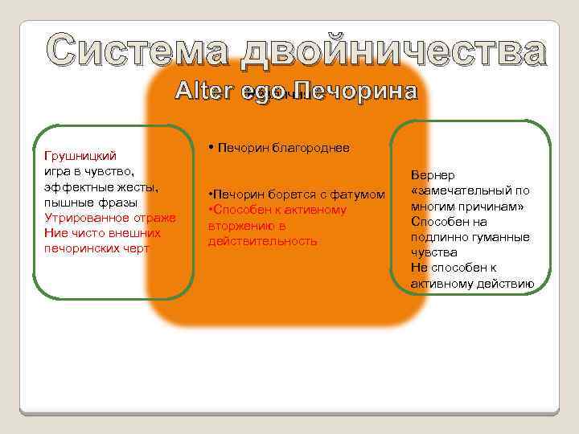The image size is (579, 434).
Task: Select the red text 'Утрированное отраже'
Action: pyautogui.click(x=109, y=218)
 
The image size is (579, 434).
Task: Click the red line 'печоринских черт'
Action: pyautogui.click(x=97, y=248)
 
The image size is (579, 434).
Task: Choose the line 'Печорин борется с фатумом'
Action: pyautogui.click(x=296, y=195)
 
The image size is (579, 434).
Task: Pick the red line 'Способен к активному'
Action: pyautogui.click(x=277, y=211)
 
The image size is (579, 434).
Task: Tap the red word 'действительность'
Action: pyautogui.click(x=262, y=241)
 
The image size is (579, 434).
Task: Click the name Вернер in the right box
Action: pyautogui.click(x=433, y=175)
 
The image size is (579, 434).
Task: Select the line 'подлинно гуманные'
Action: pyautogui.click(x=470, y=237)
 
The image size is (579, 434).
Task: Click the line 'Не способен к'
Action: pyautogui.click(x=454, y=268)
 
